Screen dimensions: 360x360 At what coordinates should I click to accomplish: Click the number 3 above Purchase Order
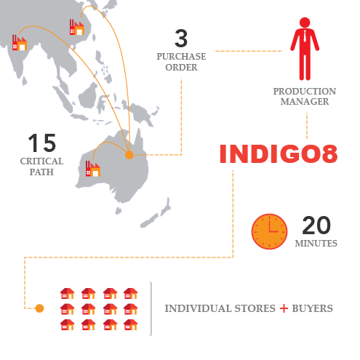[181, 39]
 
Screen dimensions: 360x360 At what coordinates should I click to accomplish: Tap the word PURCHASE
[181, 57]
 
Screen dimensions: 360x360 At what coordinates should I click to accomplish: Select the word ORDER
[181, 68]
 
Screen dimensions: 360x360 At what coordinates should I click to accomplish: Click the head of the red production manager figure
[305, 23]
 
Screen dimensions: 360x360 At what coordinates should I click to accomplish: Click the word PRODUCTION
[305, 92]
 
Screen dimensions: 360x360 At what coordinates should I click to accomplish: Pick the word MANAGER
[305, 102]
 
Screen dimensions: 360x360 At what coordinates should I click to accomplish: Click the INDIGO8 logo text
[279, 153]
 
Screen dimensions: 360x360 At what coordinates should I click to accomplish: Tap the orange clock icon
[269, 231]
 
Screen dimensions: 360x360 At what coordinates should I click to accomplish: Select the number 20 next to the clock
[316, 225]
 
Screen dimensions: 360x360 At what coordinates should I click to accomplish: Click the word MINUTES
[316, 243]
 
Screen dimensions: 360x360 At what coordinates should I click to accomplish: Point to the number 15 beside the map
[42, 143]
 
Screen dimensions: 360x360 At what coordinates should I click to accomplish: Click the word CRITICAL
[41, 161]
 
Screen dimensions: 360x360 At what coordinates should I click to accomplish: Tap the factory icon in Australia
[93, 169]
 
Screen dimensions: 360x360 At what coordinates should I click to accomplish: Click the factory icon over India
[20, 43]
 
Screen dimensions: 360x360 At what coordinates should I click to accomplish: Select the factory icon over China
[77, 27]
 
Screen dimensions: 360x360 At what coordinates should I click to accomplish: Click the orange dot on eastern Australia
[129, 155]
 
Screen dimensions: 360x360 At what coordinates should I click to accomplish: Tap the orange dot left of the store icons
[39, 308]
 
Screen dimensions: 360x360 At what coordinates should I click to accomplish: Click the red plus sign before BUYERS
[284, 308]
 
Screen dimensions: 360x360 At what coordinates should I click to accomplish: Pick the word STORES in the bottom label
[255, 308]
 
